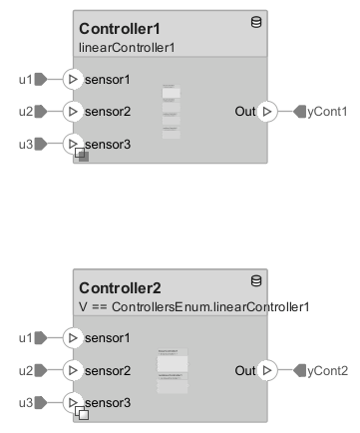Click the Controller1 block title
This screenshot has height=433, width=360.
119,28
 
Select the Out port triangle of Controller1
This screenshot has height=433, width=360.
266,111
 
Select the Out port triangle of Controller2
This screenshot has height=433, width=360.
266,371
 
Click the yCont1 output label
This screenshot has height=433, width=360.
327,111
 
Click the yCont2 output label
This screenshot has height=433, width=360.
327,371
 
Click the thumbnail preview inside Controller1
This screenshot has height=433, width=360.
171,110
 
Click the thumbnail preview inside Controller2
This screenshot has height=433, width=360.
171,372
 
